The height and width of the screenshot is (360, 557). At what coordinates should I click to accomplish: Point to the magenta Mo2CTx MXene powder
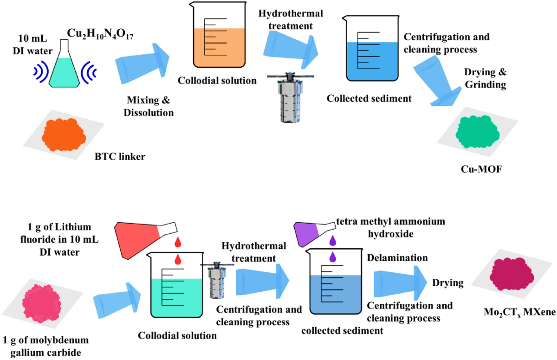click(x=511, y=278)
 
